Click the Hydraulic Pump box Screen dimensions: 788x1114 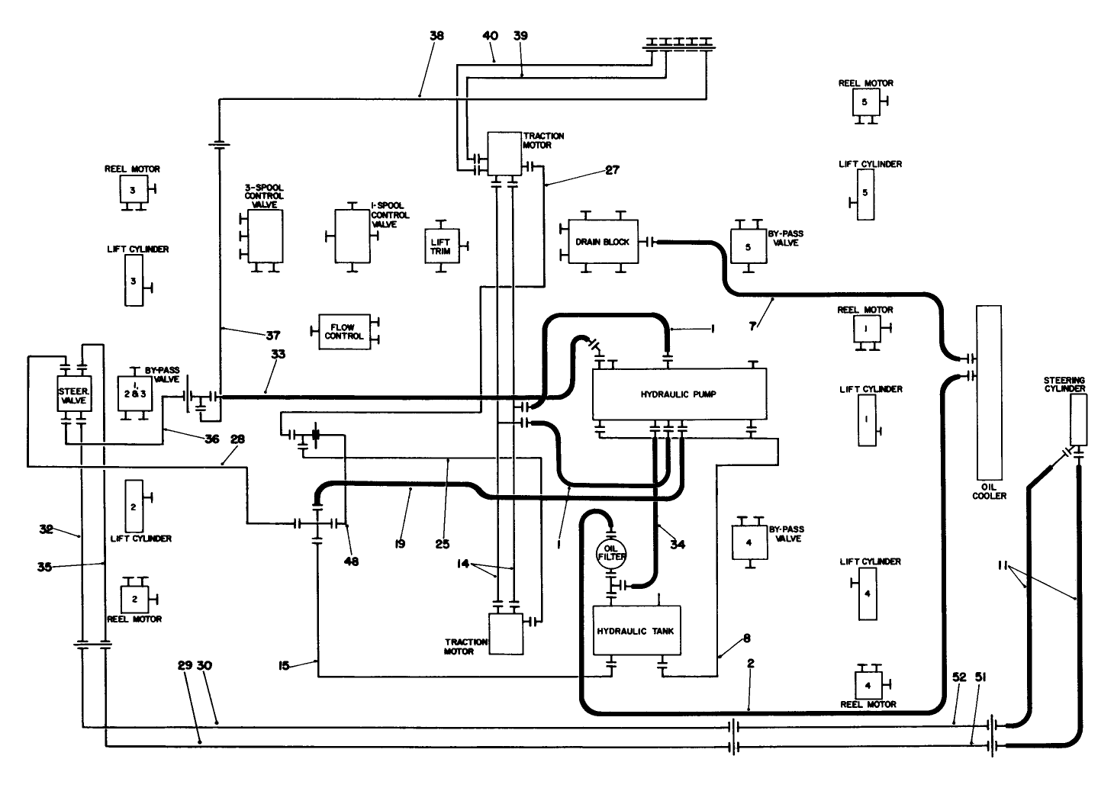pyautogui.click(x=679, y=394)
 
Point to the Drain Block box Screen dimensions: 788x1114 pyautogui.click(x=603, y=242)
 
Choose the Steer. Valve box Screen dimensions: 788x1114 pyautogui.click(x=73, y=394)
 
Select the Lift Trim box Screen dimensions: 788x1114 pyautogui.click(x=441, y=246)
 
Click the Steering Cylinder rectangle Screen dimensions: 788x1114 pyautogui.click(x=1079, y=420)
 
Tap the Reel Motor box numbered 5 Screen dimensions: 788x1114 pyautogui.click(x=865, y=101)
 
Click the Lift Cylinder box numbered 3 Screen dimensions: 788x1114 pyautogui.click(x=134, y=281)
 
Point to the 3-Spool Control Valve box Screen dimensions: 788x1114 pyautogui.click(x=265, y=236)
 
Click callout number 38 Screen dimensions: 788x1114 pyautogui.click(x=436, y=35)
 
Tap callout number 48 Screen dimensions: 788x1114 pyautogui.click(x=351, y=561)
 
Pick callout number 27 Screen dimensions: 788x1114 pyautogui.click(x=612, y=171)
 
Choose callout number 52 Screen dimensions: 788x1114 pyautogui.click(x=959, y=677)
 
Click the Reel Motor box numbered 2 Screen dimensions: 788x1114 pyautogui.click(x=134, y=599)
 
